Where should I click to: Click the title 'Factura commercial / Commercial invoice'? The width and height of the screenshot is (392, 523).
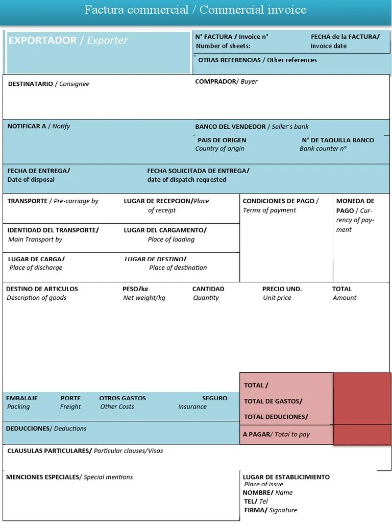point(195,10)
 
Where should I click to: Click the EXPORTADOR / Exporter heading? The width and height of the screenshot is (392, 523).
point(67,40)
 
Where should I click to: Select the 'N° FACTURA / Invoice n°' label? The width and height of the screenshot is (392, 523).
point(232,36)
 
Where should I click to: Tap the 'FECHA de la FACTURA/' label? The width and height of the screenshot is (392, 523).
point(345,36)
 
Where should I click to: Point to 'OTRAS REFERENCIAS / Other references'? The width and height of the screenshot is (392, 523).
point(257,60)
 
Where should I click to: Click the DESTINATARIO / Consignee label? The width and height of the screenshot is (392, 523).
point(48,84)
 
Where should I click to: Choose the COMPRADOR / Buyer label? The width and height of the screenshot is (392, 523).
point(226,81)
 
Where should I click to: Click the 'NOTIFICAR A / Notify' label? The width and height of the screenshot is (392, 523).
point(39,126)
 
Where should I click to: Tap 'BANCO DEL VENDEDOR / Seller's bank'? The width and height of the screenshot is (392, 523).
point(252,127)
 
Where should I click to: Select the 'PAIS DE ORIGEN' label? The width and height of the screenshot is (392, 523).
point(222,140)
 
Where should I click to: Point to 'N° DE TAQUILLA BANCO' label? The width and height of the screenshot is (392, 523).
point(338,140)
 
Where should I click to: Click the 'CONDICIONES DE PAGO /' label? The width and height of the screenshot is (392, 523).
point(280,201)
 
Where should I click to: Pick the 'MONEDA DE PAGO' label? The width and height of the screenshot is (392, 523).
point(355,206)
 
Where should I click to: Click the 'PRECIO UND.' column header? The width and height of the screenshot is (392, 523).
point(282,289)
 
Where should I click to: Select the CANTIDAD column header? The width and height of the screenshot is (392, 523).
point(208,289)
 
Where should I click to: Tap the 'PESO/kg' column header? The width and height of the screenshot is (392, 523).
point(135,289)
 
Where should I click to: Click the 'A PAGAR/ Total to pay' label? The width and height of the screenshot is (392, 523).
point(276,434)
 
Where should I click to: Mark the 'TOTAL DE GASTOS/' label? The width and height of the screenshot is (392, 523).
point(273,401)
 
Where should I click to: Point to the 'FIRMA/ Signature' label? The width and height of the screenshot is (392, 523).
point(270,510)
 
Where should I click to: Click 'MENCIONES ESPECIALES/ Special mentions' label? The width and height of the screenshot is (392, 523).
point(69,477)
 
